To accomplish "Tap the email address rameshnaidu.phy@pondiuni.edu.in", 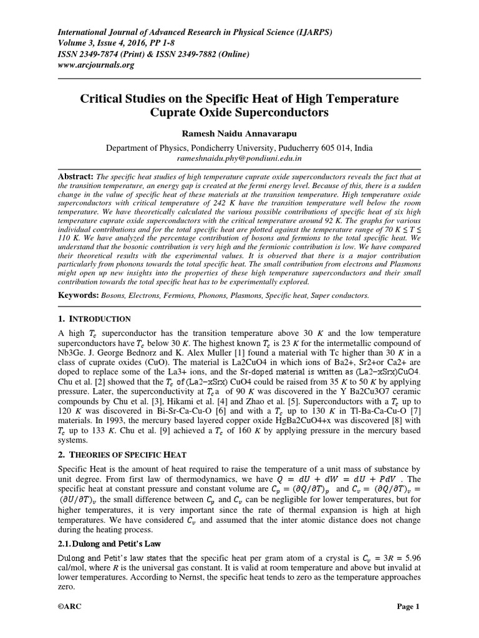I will [239, 159].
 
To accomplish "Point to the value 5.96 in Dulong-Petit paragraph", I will [410, 547].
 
